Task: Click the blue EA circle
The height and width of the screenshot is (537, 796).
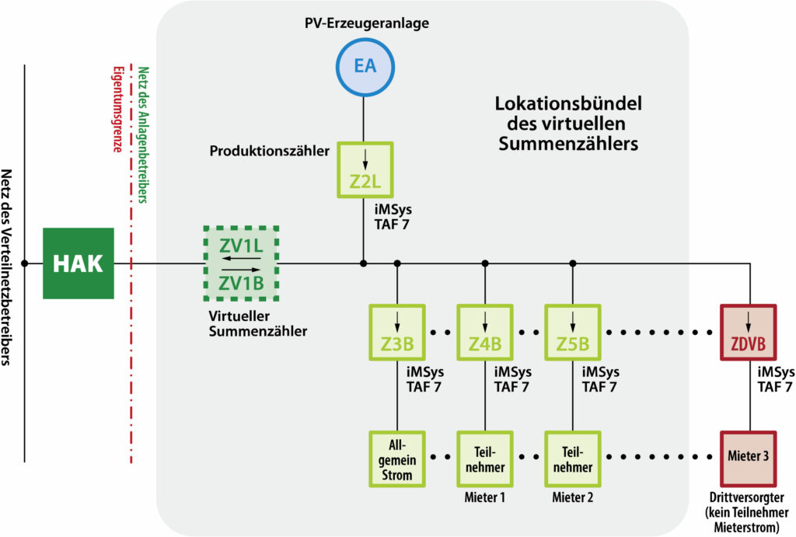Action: pyautogui.click(x=365, y=65)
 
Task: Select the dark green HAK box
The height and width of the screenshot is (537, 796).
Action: pyautogui.click(x=78, y=263)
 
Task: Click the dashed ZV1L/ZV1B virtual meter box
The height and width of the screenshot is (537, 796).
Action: pyautogui.click(x=241, y=263)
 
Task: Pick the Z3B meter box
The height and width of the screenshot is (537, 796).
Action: pyautogui.click(x=396, y=332)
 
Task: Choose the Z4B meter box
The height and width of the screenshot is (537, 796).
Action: pyautogui.click(x=484, y=332)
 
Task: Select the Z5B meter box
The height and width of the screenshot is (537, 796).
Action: pyautogui.click(x=572, y=332)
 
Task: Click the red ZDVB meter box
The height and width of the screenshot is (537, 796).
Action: pyautogui.click(x=749, y=332)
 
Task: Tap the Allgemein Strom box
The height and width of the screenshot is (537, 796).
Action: pyautogui.click(x=396, y=459)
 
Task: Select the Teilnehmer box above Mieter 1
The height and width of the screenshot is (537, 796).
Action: pyautogui.click(x=484, y=459)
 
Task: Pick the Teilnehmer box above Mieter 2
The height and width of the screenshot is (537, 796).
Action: pyautogui.click(x=572, y=459)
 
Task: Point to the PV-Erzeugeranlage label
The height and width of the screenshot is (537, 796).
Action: pyautogui.click(x=365, y=23)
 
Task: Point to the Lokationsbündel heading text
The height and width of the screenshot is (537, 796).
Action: pyautogui.click(x=569, y=123)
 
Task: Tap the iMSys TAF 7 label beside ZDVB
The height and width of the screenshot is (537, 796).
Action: pyautogui.click(x=774, y=378)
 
